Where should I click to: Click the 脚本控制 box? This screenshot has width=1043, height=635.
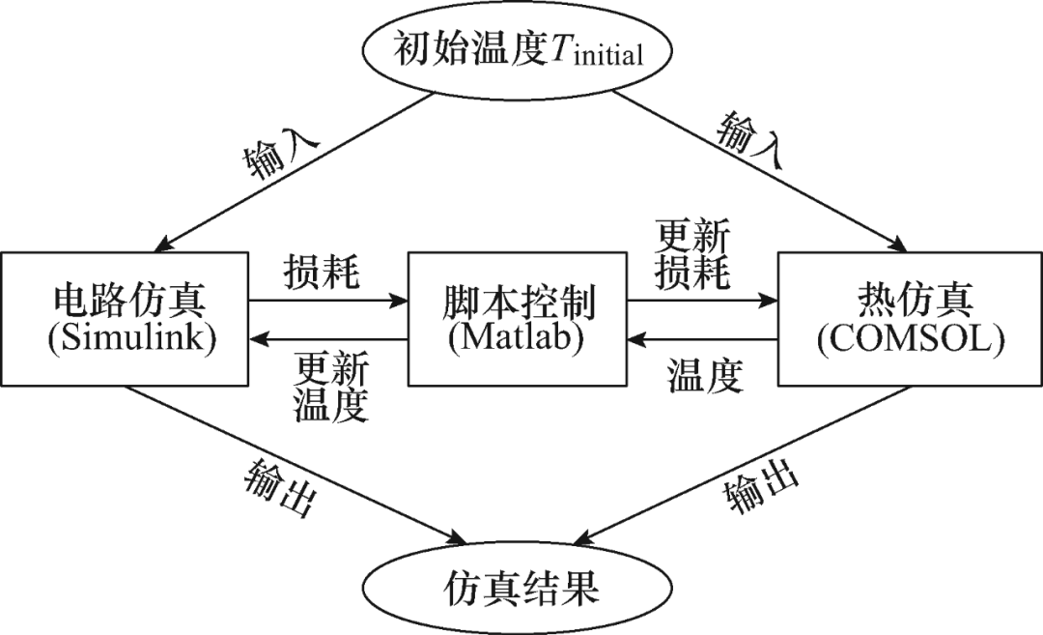pos(516,320)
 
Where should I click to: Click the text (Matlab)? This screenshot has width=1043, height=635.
pos(516,339)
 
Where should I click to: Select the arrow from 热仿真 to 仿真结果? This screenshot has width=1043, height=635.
pos(748,464)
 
